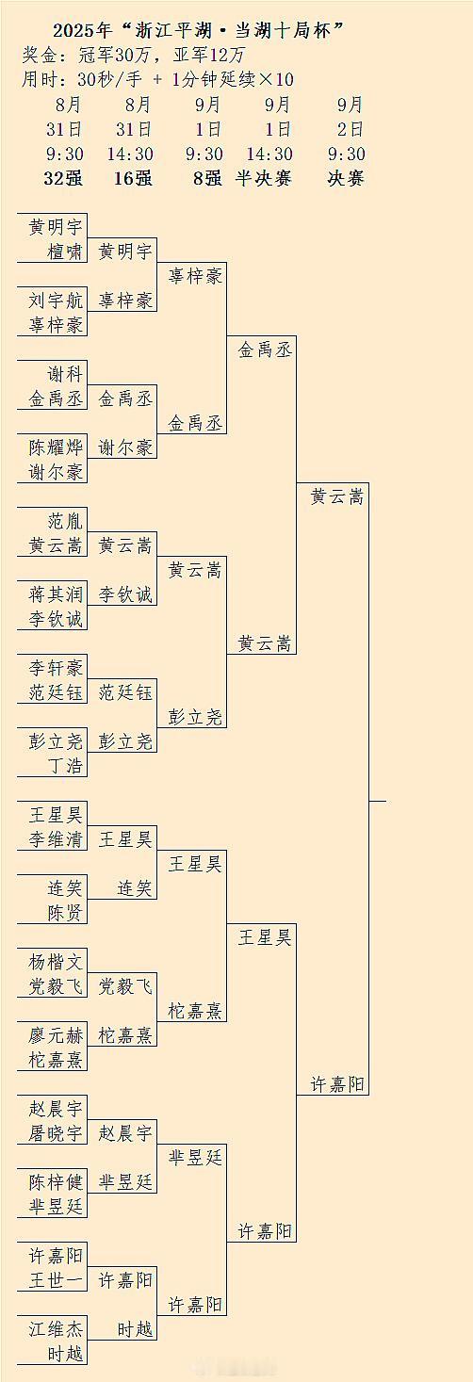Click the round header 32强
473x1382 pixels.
[63, 178]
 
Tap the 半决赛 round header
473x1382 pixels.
[263, 178]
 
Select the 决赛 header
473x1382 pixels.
[346, 178]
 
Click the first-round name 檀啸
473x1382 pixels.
[65, 252]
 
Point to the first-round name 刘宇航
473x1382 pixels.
[56, 301]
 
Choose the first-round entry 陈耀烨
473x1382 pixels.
[56, 447]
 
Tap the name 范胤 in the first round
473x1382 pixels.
[65, 521]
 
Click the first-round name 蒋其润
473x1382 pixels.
[56, 594]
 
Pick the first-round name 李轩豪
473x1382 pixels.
[56, 668]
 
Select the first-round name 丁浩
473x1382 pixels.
[65, 766]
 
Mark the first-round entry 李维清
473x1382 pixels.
[56, 839]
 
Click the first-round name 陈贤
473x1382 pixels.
[65, 913]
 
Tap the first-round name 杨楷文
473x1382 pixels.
[56, 962]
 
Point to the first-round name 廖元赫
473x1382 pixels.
[56, 1035]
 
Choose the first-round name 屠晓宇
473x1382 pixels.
[56, 1133]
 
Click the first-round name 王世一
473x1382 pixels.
[56, 1281]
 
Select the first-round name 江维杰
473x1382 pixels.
[56, 1329]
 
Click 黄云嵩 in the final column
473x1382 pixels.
[337, 496]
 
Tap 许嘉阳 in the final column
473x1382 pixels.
[337, 1084]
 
